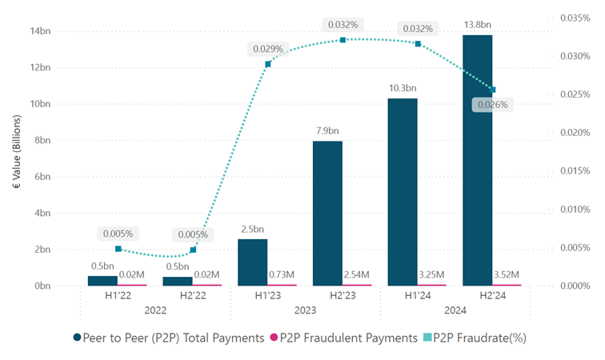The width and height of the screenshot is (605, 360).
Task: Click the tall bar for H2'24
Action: [x=477, y=160]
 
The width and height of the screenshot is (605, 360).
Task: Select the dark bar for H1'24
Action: [x=403, y=191]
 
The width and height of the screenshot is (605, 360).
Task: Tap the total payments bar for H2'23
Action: [x=327, y=213]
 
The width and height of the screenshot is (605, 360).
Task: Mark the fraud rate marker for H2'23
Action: [x=343, y=40]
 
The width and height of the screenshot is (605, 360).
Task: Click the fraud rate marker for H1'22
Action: [x=118, y=249]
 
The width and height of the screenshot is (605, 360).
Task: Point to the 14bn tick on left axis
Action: [x=40, y=31]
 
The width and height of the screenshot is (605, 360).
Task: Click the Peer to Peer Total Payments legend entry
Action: [x=170, y=338]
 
